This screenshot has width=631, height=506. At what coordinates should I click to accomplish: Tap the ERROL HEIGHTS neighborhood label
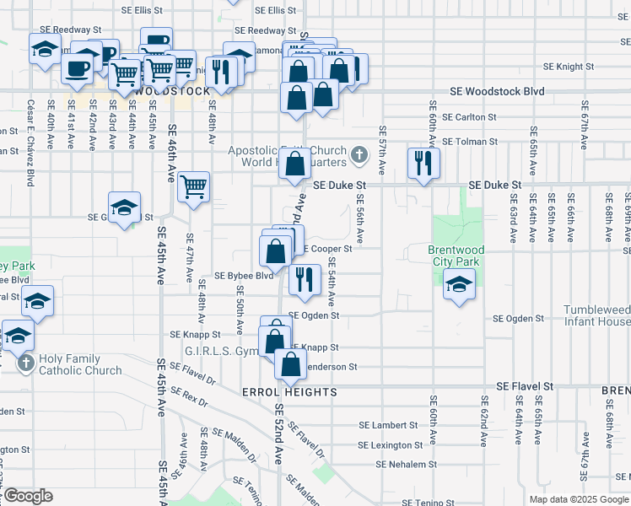coord(289,392)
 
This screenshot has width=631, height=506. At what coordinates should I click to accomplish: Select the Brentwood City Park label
coord(456,256)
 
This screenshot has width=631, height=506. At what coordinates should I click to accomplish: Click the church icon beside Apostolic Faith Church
coord(360,154)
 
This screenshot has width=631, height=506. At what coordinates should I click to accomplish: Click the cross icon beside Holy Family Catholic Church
coord(25,364)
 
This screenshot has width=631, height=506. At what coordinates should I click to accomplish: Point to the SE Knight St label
coord(569,66)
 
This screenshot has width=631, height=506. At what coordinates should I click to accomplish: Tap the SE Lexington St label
coord(390,445)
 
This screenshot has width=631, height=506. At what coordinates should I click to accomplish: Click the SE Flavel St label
coord(524,385)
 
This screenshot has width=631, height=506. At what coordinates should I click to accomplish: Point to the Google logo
coord(28,496)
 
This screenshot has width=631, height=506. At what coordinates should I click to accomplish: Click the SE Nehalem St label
coord(407,464)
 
